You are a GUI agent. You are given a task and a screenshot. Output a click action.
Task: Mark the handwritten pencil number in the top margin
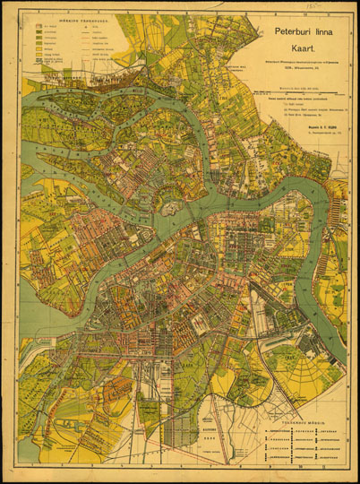313,4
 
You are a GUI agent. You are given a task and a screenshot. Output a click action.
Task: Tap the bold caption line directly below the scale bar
302,99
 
